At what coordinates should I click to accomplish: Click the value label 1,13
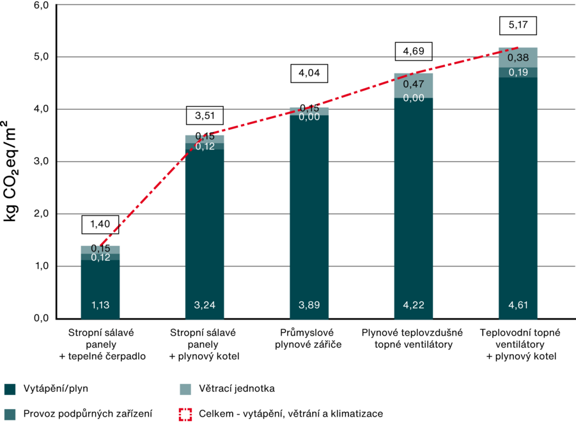tap(100, 305)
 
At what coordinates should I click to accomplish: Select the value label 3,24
tap(205, 305)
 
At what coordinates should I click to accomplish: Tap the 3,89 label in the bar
tap(309, 305)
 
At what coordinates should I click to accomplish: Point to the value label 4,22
tap(414, 305)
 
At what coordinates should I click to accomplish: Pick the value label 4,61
tap(518, 305)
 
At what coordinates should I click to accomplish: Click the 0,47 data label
tap(414, 84)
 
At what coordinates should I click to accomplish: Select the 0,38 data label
tap(518, 58)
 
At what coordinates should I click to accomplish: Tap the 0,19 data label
tap(518, 72)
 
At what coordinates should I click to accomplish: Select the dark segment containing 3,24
tap(205, 230)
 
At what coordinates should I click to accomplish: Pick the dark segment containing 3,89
tap(309, 211)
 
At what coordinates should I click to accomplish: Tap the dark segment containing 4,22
tap(414, 204)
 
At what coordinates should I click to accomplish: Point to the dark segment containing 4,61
tap(518, 192)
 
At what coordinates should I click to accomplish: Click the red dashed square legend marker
tap(185, 414)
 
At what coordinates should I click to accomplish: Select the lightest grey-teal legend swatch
tap(185, 390)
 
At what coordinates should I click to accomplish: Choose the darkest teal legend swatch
tap(10, 390)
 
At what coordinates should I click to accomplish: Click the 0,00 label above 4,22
tap(414, 98)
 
